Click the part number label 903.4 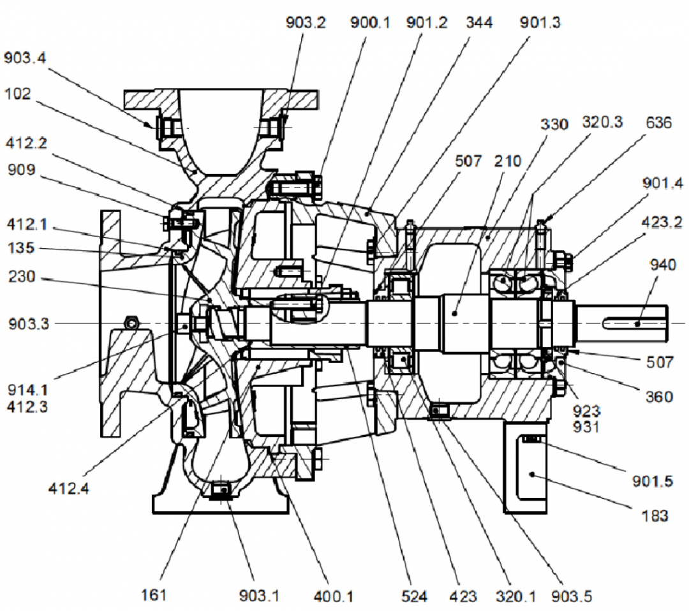tap(25, 59)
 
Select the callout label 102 tap(17, 94)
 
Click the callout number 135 tap(21, 248)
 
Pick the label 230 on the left tap(22, 278)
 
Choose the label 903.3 tap(27, 324)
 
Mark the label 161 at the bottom tap(153, 595)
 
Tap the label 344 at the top tap(479, 23)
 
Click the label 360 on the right tap(658, 397)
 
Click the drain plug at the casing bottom tap(221, 490)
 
